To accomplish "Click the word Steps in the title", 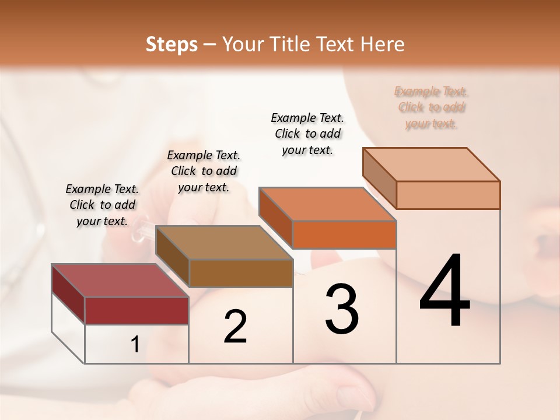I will (171, 45).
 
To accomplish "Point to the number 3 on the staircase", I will (342, 309).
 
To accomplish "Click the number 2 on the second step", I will (235, 326).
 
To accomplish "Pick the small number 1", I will (135, 345).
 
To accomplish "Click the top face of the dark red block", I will (120, 281).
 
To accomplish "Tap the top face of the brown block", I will (224, 243).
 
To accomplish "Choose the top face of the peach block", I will (432, 164).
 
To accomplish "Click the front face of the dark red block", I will (136, 310).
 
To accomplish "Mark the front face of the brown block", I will (241, 273).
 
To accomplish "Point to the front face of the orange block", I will (344, 235).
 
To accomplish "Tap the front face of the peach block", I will (448, 195).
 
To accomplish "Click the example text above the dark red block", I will (102, 205).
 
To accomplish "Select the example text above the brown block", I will (204, 171).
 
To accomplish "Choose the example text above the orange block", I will (307, 134).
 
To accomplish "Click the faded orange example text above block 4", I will (431, 107).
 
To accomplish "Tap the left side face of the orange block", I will (275, 218).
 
